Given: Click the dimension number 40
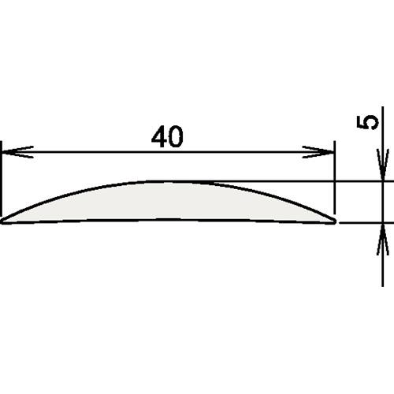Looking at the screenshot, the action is coord(167,137).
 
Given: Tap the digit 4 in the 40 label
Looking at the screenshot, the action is coord(159,137).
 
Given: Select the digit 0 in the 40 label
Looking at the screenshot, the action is coord(176,137).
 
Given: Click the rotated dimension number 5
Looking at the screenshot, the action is coord(367,122).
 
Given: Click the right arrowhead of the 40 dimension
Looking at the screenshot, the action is coord(318,152).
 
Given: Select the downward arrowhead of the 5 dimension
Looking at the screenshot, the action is coord(383,165).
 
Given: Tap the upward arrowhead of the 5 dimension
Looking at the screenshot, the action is coord(383,239).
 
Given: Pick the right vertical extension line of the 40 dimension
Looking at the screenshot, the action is coord(335,177).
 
